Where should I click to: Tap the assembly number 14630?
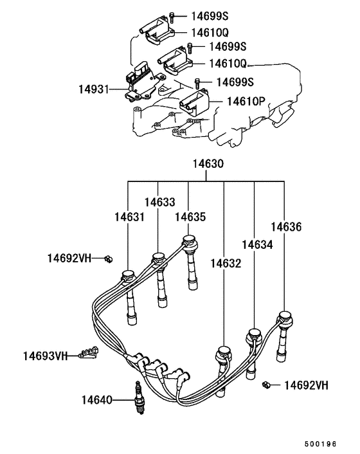(206, 165)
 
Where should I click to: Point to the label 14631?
(130, 217)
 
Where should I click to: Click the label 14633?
(159, 203)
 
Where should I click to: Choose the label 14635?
(190, 217)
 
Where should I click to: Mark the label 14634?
(257, 245)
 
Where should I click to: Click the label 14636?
(285, 227)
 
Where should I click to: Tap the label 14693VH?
(45, 356)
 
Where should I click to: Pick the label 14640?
(96, 400)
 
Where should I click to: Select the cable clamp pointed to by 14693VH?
(87, 352)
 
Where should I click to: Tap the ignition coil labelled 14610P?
(194, 104)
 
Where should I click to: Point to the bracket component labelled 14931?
(140, 83)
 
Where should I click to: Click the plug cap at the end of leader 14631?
(128, 277)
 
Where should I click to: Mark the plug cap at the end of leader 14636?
(284, 318)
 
